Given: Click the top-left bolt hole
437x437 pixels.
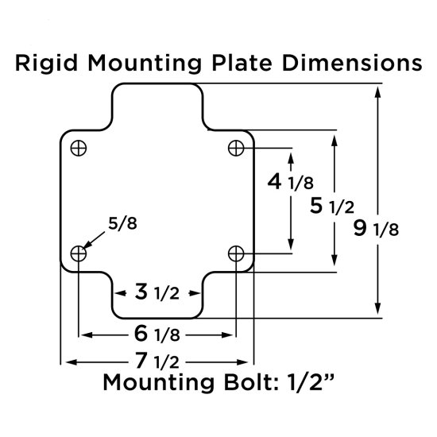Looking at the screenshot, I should click(79, 148).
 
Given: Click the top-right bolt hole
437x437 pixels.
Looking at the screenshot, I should click(235, 147).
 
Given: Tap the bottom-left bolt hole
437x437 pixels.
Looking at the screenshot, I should click(79, 253).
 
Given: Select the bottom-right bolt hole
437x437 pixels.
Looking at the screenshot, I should click(235, 253).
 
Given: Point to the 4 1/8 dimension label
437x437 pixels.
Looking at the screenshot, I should click(289, 182).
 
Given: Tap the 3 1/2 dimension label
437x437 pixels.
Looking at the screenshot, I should click(157, 292).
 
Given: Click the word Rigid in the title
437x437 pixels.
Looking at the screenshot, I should click(45, 64).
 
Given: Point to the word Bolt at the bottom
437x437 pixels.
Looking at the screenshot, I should click(238, 384).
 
